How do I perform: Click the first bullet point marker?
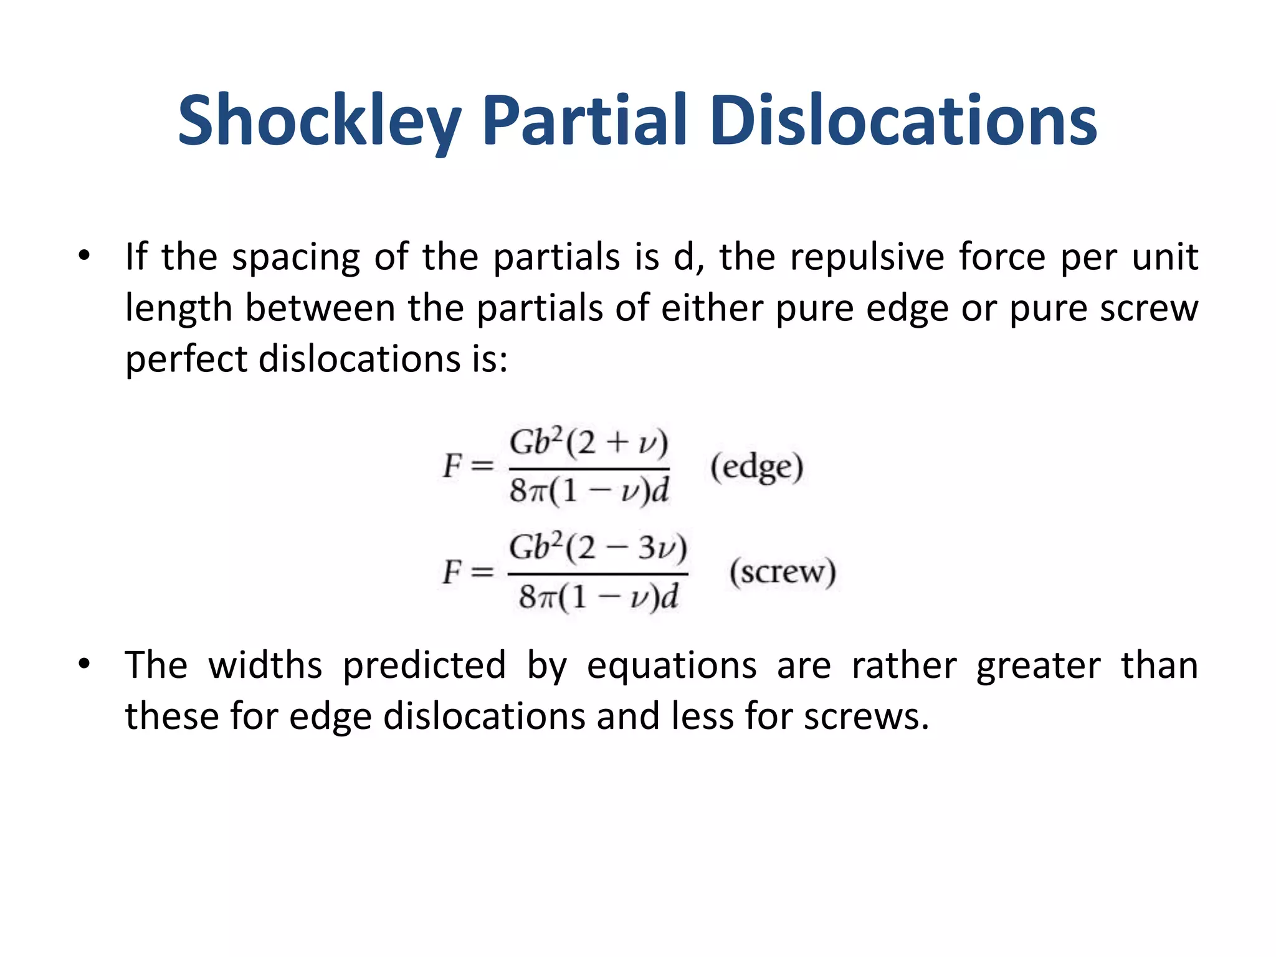pyautogui.click(x=84, y=255)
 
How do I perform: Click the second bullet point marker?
pyautogui.click(x=84, y=664)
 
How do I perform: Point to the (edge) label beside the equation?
pyautogui.click(x=757, y=467)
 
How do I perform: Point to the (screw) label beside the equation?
pyautogui.click(x=783, y=571)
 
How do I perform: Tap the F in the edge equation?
pyautogui.click(x=452, y=466)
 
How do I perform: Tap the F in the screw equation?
pyautogui.click(x=452, y=571)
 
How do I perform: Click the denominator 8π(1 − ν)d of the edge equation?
pyautogui.click(x=589, y=491)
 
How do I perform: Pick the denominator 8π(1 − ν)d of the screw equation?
pyautogui.click(x=598, y=597)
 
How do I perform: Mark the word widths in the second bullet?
pyautogui.click(x=265, y=665)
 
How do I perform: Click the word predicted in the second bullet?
pyautogui.click(x=424, y=666)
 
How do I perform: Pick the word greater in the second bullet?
pyautogui.click(x=1038, y=666)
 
